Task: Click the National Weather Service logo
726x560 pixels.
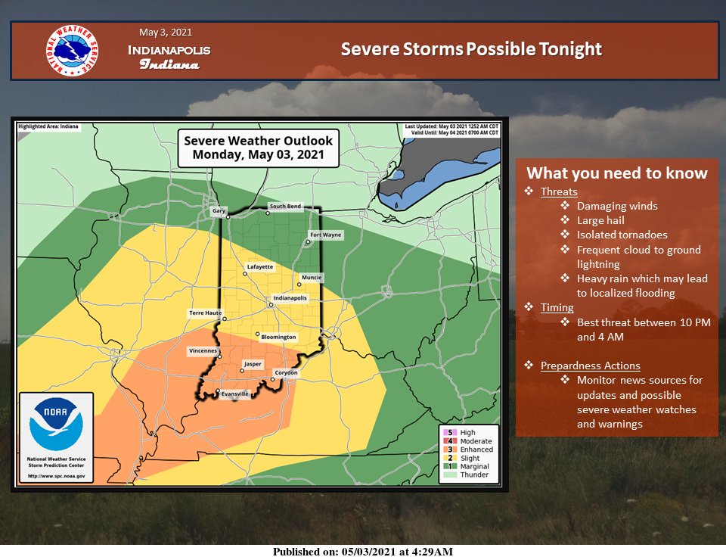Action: point(72,51)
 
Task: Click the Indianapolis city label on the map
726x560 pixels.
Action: point(290,298)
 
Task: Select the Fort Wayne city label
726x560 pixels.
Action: point(326,235)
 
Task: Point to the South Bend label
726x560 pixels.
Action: point(285,207)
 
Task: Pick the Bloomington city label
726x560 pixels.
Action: point(278,337)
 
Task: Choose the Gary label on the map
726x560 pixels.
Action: point(219,211)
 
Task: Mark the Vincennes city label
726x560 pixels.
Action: point(203,351)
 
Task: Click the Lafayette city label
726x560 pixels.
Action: point(259,267)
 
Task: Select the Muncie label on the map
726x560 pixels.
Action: point(312,278)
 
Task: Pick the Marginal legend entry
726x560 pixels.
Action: point(476,466)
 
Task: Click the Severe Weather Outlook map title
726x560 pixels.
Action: point(258,148)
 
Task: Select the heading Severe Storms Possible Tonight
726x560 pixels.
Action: point(471,49)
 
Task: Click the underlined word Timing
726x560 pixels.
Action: point(557,307)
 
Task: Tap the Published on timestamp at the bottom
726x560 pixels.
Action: point(363,552)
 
